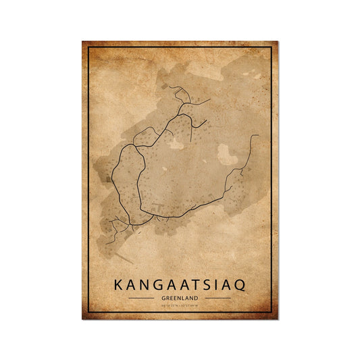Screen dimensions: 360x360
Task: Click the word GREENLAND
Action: coord(179,297)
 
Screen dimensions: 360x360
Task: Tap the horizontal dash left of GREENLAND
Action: coord(143,297)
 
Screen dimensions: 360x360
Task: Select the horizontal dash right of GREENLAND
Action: coord(216,297)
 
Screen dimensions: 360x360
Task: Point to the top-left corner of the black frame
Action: coord(88,47)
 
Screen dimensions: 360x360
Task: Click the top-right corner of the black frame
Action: coord(272,47)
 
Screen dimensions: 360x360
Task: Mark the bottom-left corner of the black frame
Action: coord(88,313)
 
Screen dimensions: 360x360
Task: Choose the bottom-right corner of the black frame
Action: coord(272,313)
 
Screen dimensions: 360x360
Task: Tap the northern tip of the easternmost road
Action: coord(257,136)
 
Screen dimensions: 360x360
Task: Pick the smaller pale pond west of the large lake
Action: coord(176,143)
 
